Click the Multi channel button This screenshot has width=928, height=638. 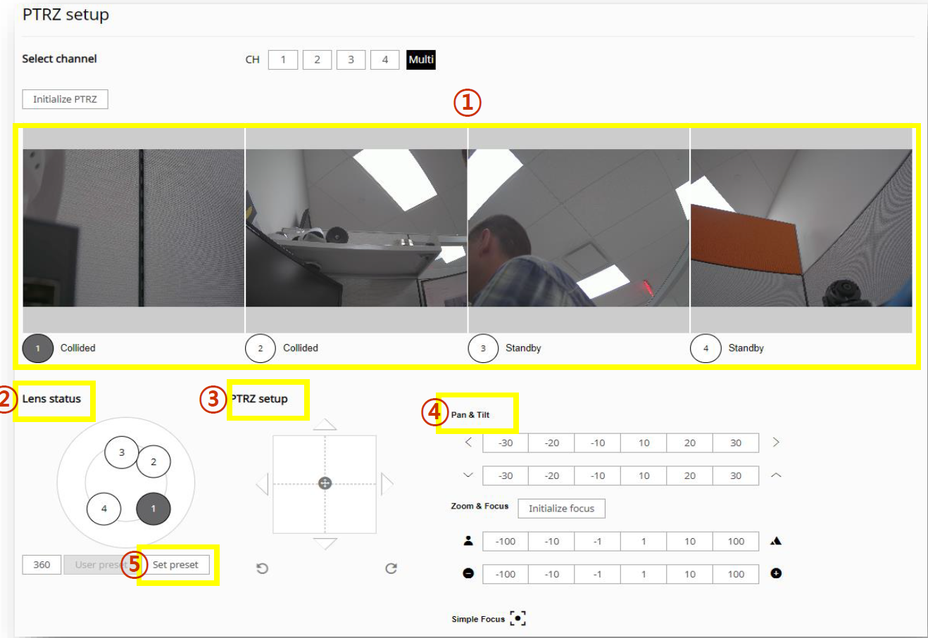point(421,60)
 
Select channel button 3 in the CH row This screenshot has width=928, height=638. point(351,60)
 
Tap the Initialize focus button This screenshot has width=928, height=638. point(561,509)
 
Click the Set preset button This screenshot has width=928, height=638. point(175,565)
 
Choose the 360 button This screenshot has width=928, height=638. point(42,565)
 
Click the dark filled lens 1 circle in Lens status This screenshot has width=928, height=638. point(153,509)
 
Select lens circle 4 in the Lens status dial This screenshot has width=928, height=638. point(104,509)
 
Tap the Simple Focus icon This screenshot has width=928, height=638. point(518,618)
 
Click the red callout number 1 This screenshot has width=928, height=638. point(468,102)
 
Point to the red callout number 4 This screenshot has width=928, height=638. point(434,412)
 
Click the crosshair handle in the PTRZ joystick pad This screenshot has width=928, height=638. point(325,483)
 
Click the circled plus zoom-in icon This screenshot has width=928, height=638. point(776,573)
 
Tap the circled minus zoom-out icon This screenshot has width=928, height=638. point(468,573)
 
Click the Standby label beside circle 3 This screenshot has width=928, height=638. point(523,348)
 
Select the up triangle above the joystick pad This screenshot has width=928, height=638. point(325,424)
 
